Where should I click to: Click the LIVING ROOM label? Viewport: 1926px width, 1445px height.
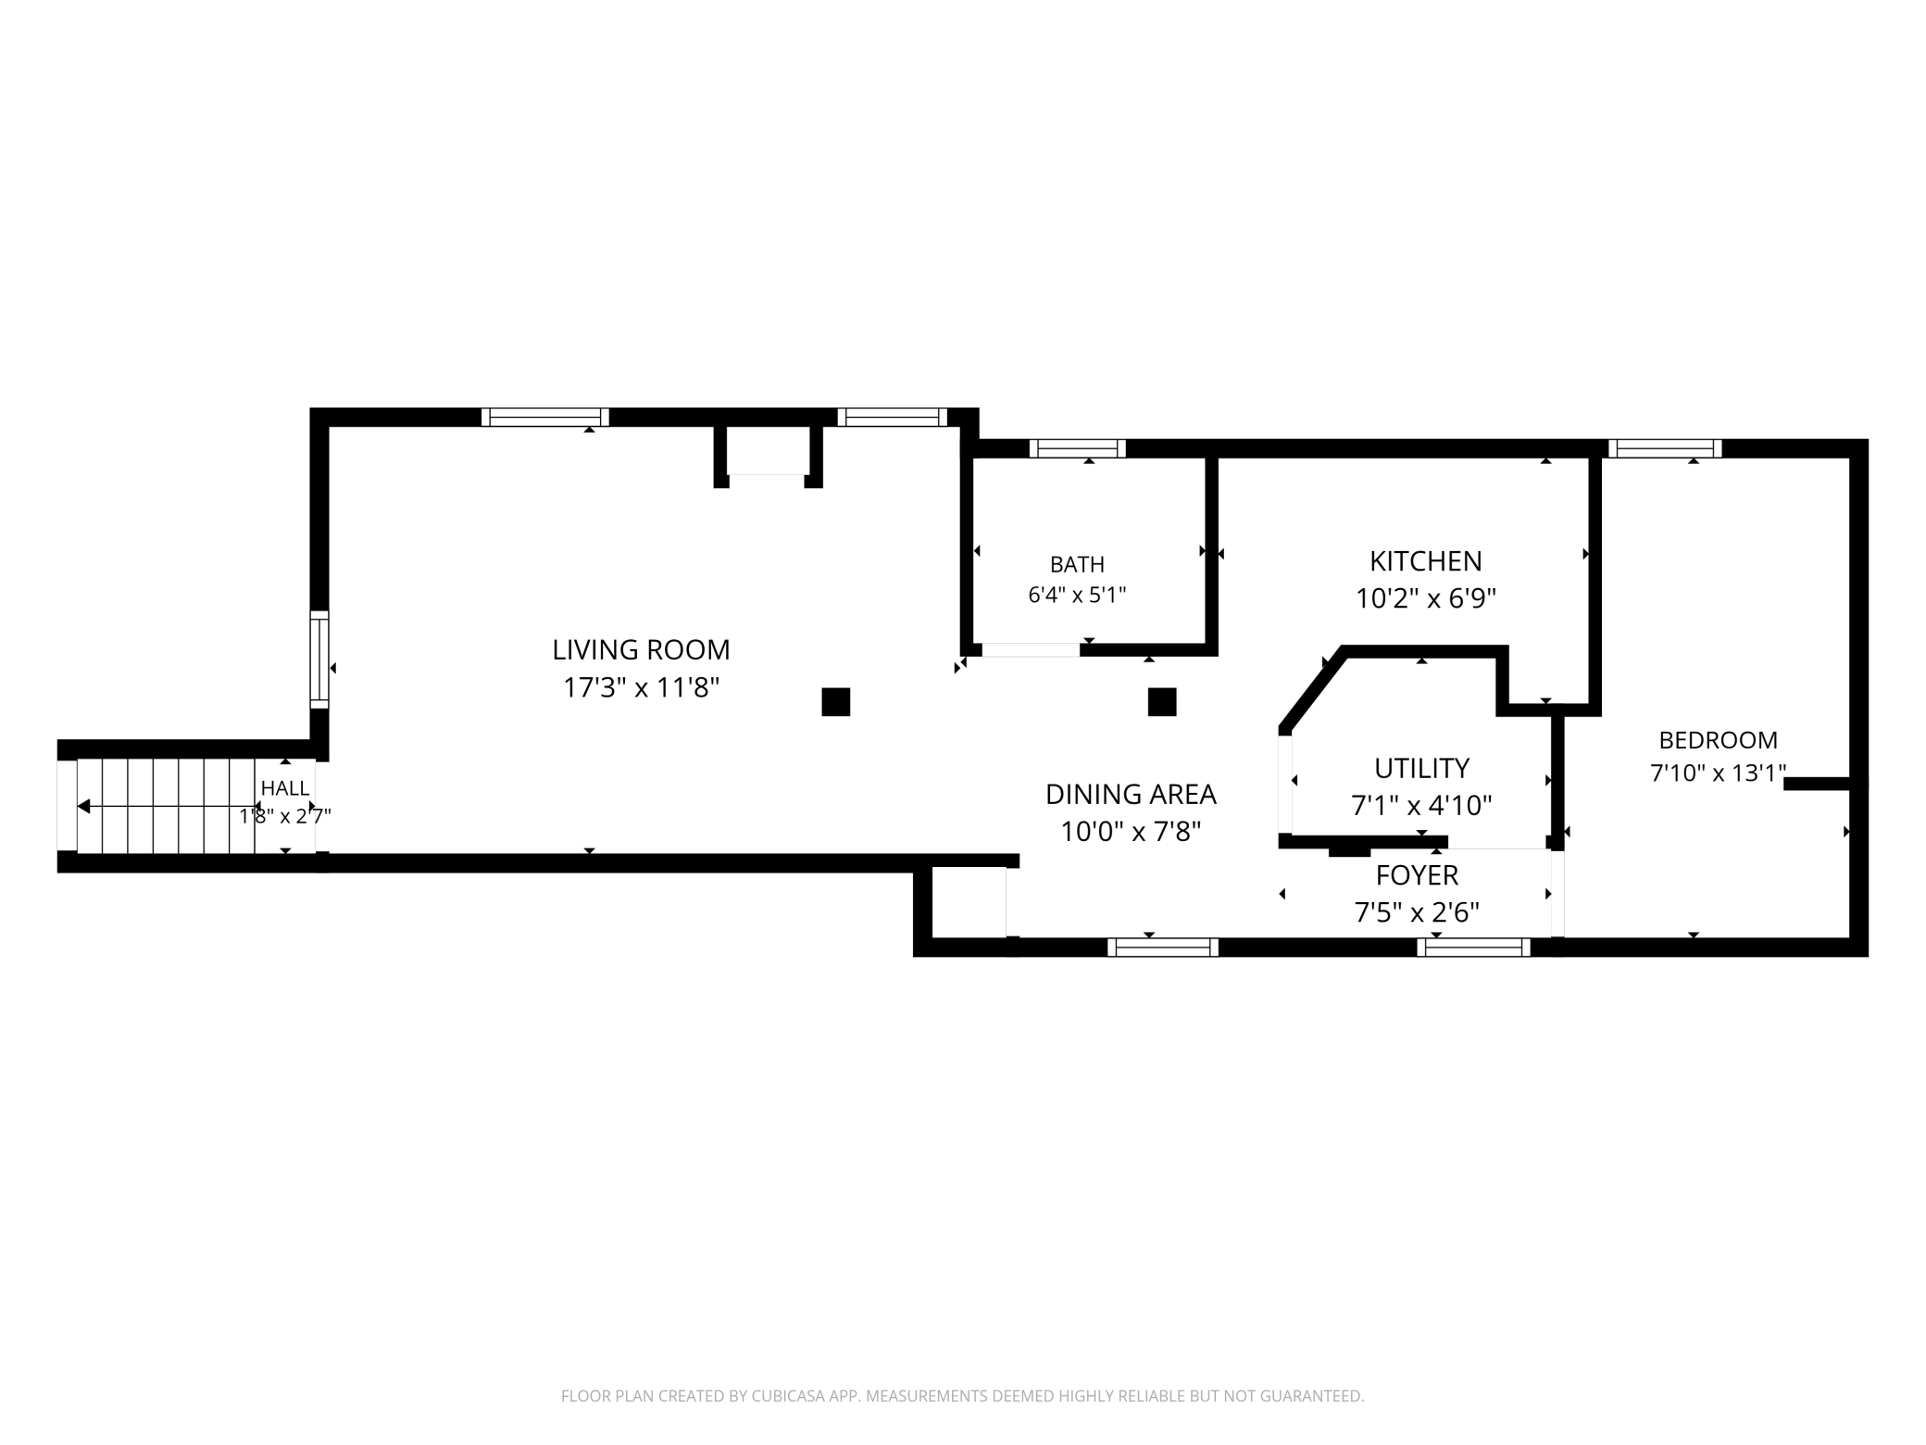pyautogui.click(x=641, y=650)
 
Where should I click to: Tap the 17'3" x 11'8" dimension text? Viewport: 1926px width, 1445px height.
pyautogui.click(x=641, y=688)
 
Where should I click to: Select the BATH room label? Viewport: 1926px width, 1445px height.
pyautogui.click(x=1077, y=564)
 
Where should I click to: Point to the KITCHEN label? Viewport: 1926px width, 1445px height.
pyautogui.click(x=1425, y=561)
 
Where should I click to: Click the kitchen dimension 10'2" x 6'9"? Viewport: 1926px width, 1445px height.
pyautogui.click(x=1425, y=598)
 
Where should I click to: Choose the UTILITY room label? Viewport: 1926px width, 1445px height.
pyautogui.click(x=1421, y=769)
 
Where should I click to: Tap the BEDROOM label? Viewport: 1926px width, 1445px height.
pyautogui.click(x=1718, y=740)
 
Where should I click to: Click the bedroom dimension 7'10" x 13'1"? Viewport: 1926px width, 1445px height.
pyautogui.click(x=1718, y=773)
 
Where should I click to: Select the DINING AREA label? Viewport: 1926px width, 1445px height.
pyautogui.click(x=1131, y=795)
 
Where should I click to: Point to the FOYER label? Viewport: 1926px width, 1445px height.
pyautogui.click(x=1417, y=875)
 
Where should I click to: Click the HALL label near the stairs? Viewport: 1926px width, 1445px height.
pyautogui.click(x=285, y=788)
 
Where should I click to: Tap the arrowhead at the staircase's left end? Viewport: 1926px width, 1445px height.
pyautogui.click(x=83, y=807)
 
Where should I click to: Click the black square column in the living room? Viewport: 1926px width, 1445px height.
pyautogui.click(x=835, y=702)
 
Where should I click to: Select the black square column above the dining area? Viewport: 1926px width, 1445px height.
pyautogui.click(x=1162, y=702)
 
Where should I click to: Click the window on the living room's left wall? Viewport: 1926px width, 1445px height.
pyautogui.click(x=319, y=660)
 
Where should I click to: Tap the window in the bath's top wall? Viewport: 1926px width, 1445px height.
pyautogui.click(x=1077, y=449)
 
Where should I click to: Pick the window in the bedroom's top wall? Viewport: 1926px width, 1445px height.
pyautogui.click(x=1665, y=449)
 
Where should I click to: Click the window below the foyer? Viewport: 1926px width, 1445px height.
pyautogui.click(x=1473, y=947)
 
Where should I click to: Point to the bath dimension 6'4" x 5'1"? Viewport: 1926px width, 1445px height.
pyautogui.click(x=1077, y=595)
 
